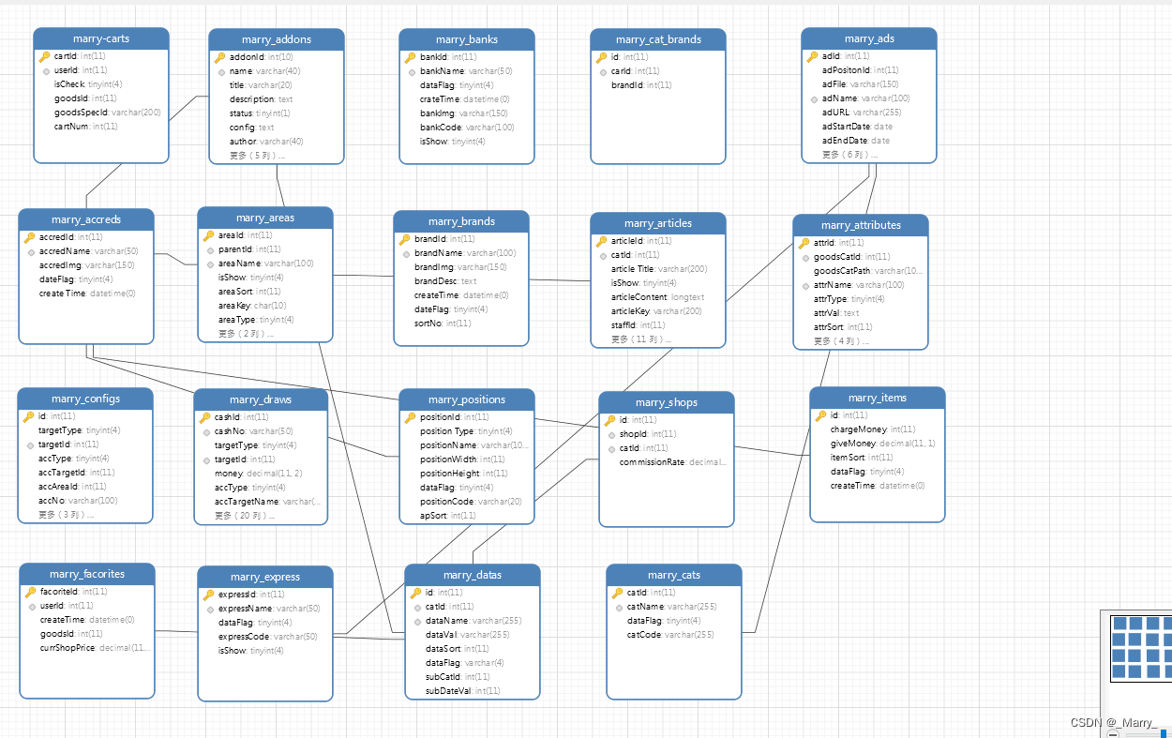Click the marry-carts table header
(101, 38)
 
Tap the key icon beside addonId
(219, 57)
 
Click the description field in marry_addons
(251, 99)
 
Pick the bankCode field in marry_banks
(441, 128)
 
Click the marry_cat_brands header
(658, 39)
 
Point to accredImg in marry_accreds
(60, 265)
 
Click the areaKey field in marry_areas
(233, 306)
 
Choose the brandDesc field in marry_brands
(436, 281)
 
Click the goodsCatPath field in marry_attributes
(842, 271)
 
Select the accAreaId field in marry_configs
(58, 487)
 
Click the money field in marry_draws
(229, 474)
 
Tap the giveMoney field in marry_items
(852, 444)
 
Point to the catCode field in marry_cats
(644, 635)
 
